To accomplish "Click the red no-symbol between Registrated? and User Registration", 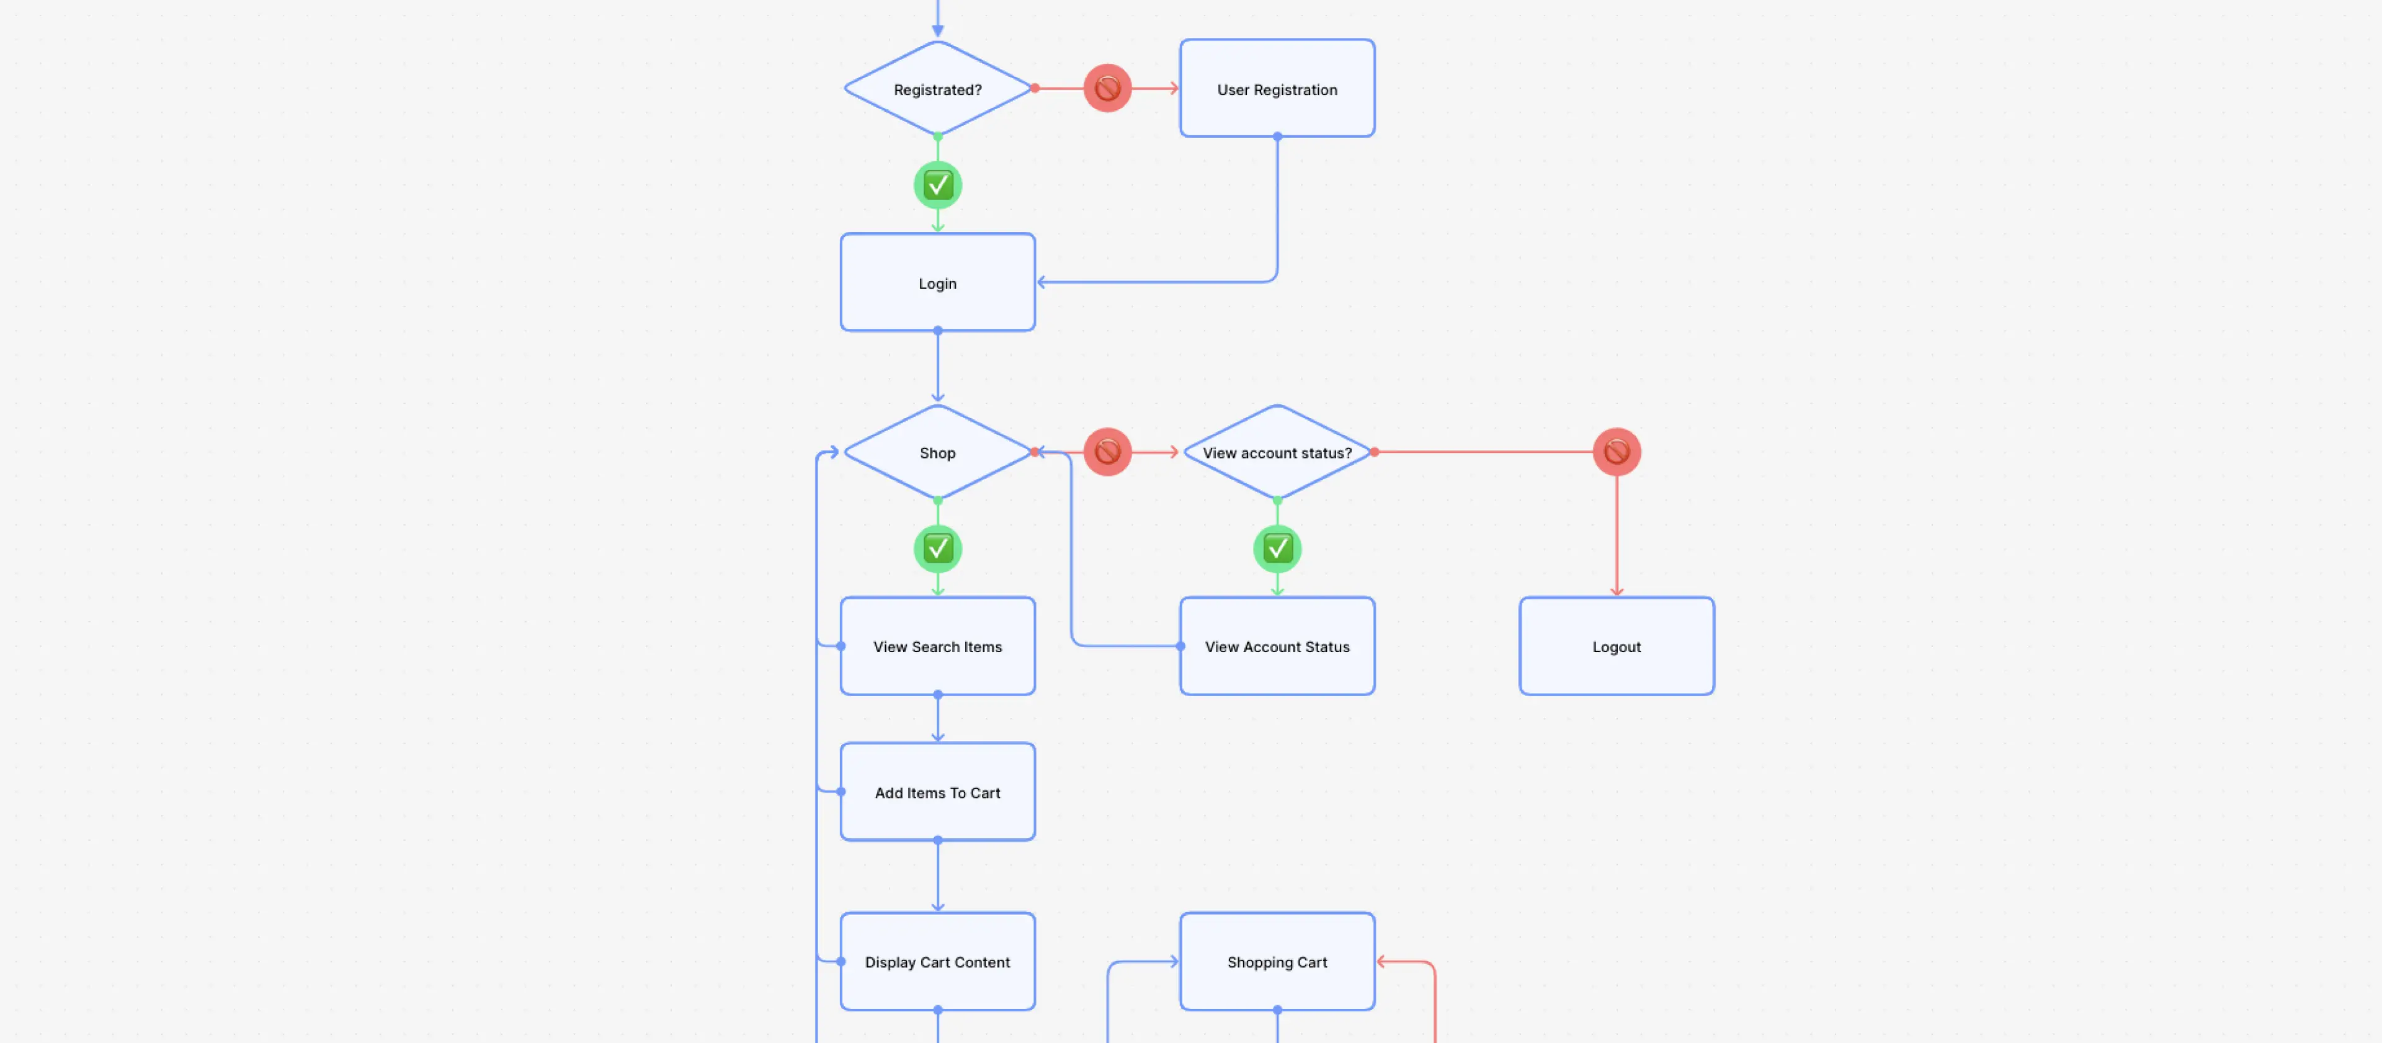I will tap(1107, 88).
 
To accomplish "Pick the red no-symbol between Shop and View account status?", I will tap(1107, 451).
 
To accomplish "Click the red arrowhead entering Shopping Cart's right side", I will tap(1381, 962).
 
